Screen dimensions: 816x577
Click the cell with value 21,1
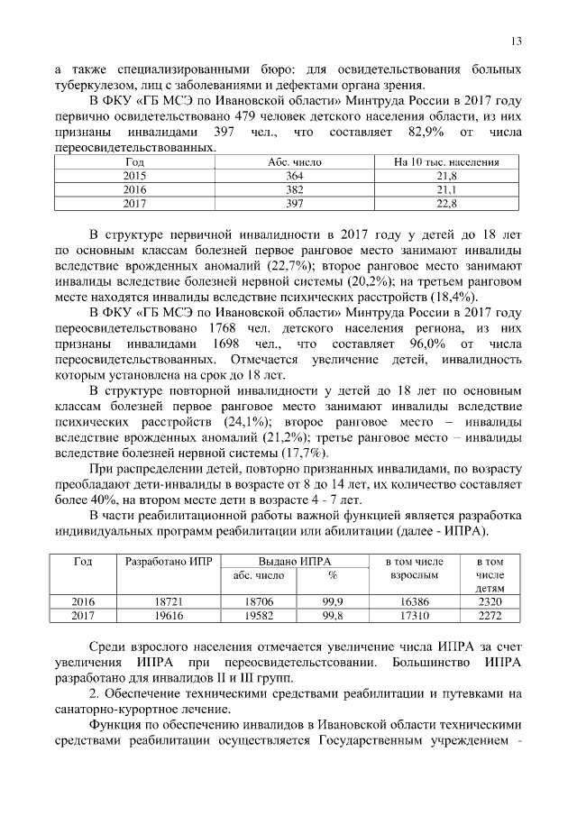click(x=446, y=190)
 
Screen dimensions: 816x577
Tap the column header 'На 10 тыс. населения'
click(x=446, y=161)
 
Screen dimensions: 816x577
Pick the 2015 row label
click(x=134, y=176)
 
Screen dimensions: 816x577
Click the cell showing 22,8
click(x=446, y=205)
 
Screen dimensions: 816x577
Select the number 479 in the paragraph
click(x=294, y=117)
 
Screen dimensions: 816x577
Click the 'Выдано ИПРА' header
click(x=291, y=561)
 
